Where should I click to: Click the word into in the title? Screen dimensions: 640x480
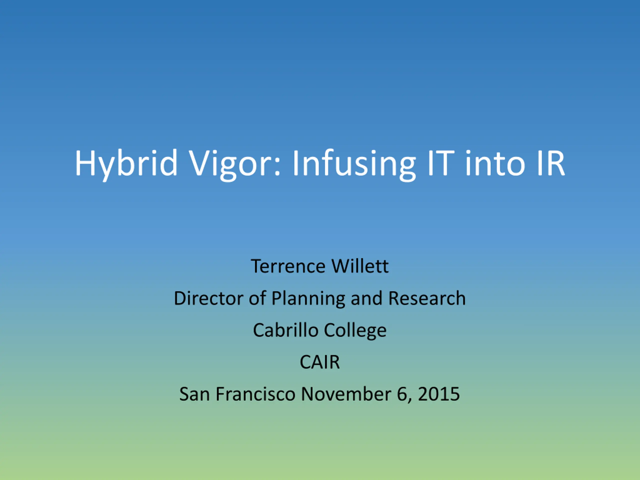pyautogui.click(x=495, y=163)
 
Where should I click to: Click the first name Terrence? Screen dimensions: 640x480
pyautogui.click(x=288, y=266)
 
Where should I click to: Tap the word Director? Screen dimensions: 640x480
pyautogui.click(x=208, y=298)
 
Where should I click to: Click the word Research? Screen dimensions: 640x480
pyautogui.click(x=427, y=298)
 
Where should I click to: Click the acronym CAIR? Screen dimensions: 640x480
pyautogui.click(x=320, y=362)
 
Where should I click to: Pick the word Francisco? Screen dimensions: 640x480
pyautogui.click(x=255, y=394)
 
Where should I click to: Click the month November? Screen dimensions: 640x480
pyautogui.click(x=346, y=394)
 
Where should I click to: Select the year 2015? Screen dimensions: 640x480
pyautogui.click(x=439, y=394)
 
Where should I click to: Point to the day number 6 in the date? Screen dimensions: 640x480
pyautogui.click(x=402, y=394)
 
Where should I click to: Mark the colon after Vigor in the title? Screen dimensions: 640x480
pyautogui.click(x=277, y=167)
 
